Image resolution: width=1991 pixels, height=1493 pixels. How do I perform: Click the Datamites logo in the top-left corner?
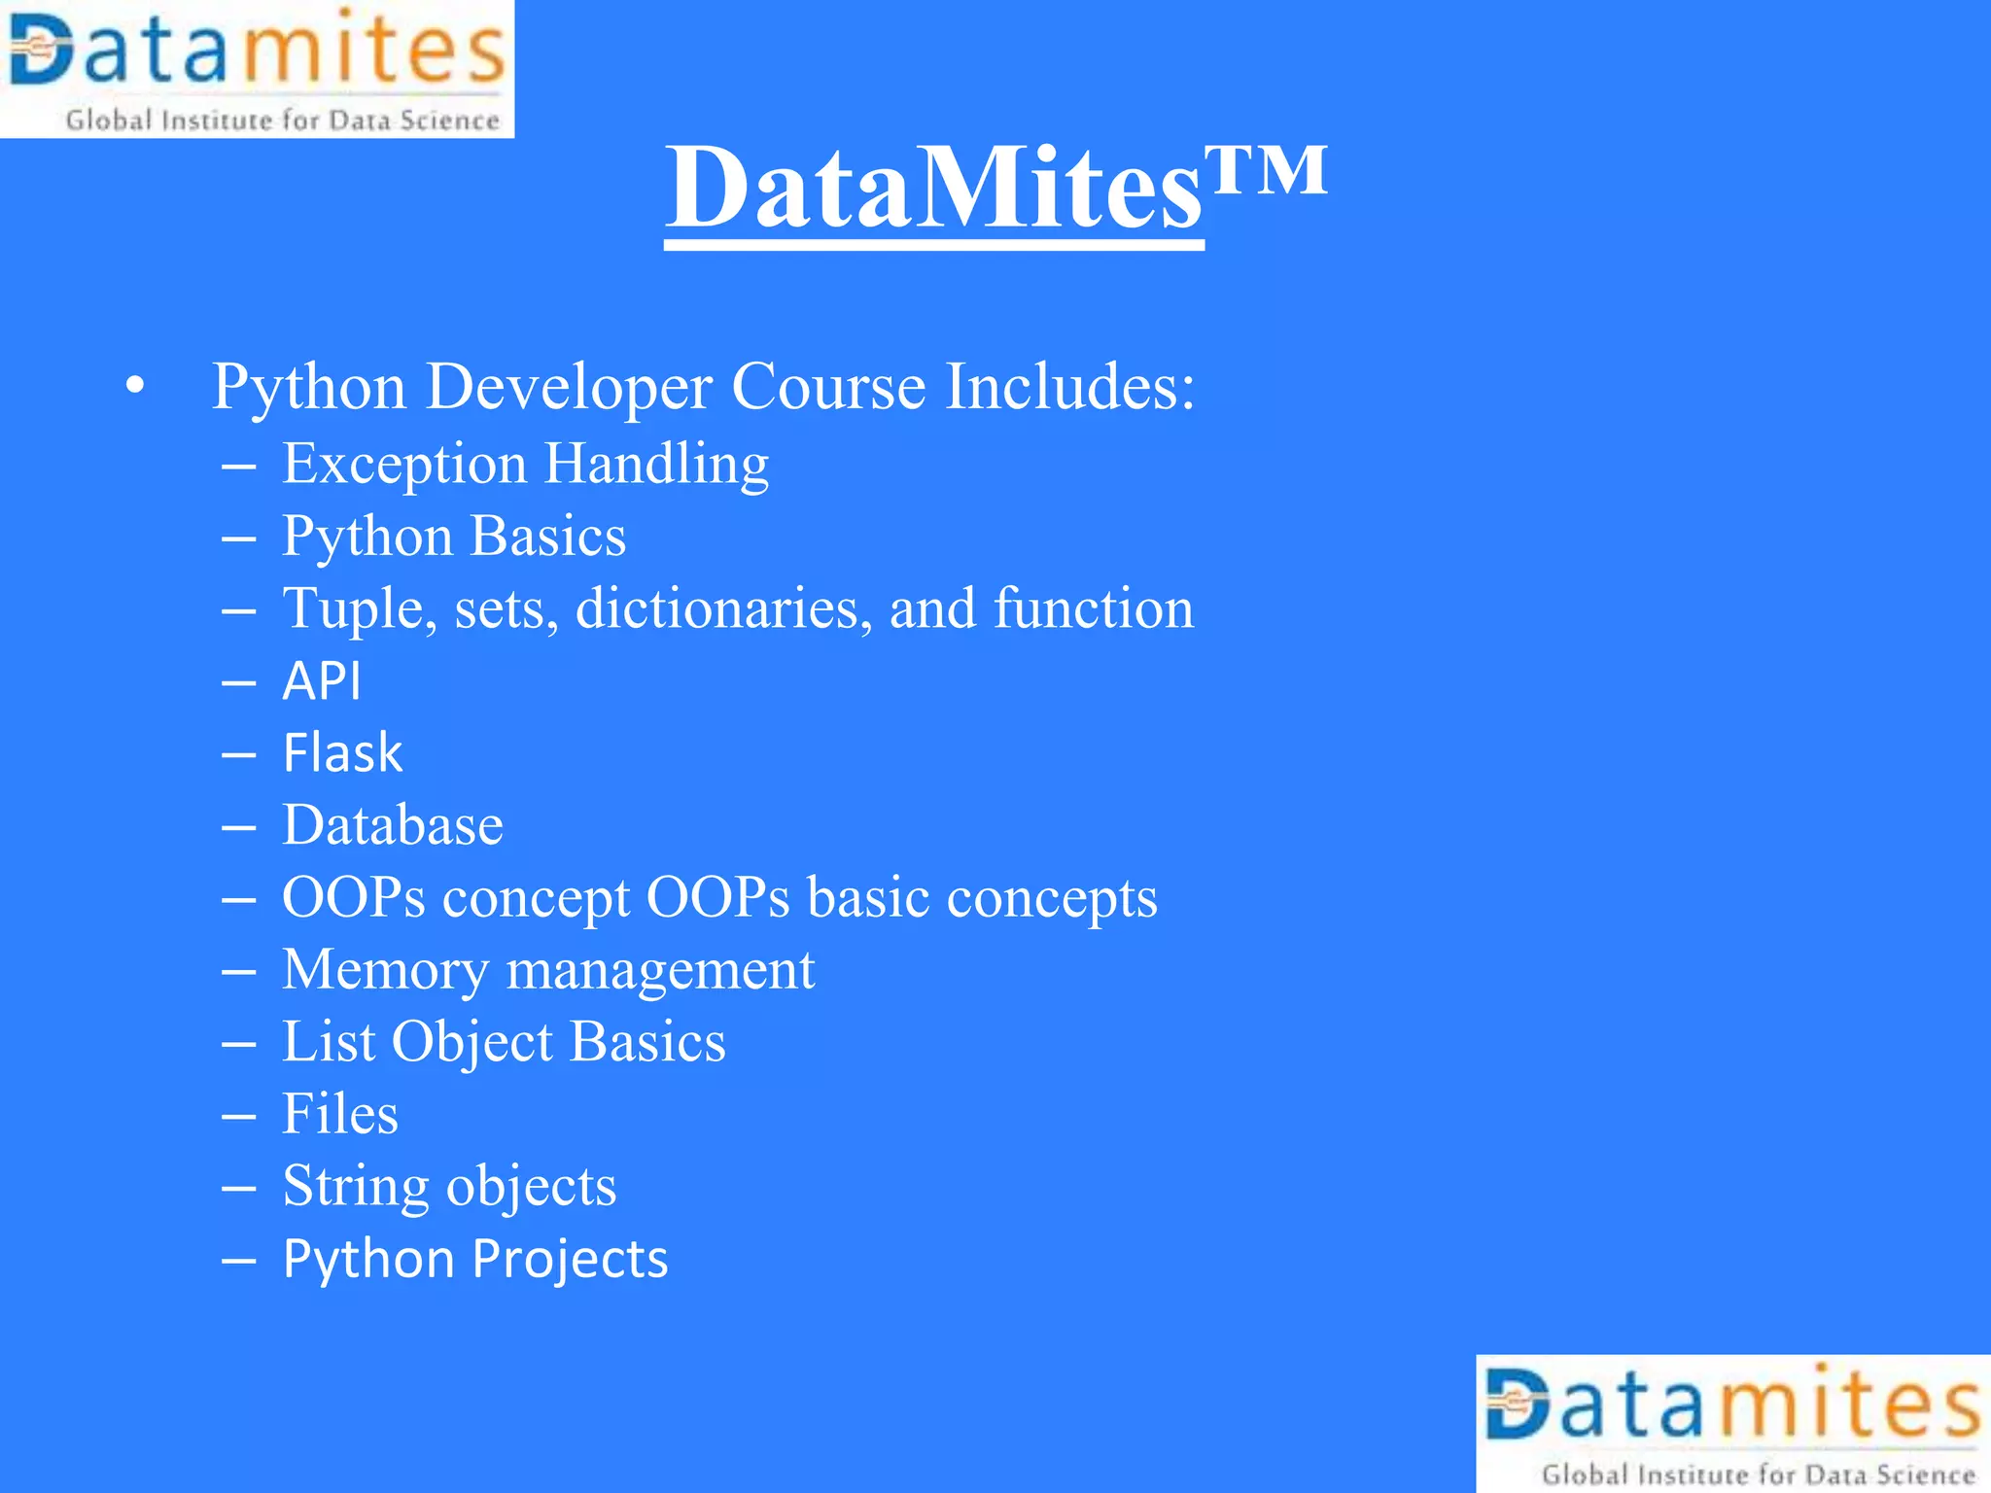[257, 68]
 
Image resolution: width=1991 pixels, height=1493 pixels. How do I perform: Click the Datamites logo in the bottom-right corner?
[1733, 1424]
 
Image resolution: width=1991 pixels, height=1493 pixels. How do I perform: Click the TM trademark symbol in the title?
[1266, 170]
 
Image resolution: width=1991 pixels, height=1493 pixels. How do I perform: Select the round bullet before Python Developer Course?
[135, 387]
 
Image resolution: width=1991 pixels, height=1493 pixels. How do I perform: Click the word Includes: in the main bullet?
[1070, 387]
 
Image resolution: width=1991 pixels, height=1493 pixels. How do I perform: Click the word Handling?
[656, 464]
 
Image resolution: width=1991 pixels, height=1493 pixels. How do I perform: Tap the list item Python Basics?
[454, 536]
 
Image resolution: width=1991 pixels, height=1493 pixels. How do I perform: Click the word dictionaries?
[724, 608]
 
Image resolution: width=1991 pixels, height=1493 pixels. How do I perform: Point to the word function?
[1094, 608]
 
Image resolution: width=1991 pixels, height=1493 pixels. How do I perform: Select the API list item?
[322, 680]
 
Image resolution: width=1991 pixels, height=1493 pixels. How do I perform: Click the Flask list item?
[342, 752]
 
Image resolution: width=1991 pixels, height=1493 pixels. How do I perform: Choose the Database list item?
[393, 825]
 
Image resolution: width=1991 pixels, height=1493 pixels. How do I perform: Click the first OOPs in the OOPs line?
[354, 897]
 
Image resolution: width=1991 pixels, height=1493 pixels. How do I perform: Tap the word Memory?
[385, 970]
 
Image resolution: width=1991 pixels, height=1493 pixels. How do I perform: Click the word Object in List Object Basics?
[472, 1042]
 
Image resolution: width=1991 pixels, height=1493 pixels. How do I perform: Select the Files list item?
[340, 1114]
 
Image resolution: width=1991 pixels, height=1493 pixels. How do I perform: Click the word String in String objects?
[356, 1187]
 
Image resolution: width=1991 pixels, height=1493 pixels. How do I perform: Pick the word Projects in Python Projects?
[570, 1259]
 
